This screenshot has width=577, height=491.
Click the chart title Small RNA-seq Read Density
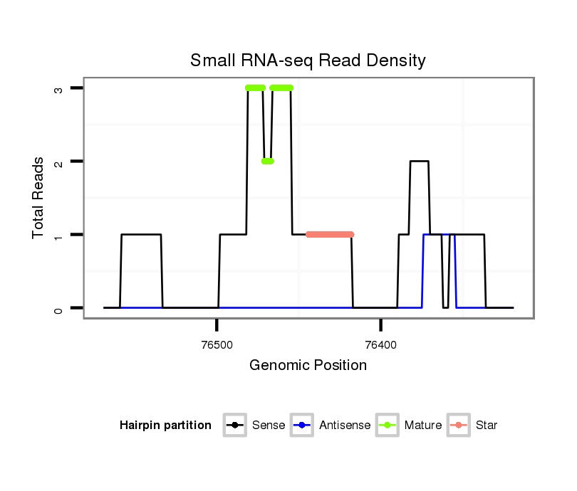click(308, 60)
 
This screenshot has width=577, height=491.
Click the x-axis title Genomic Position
click(308, 366)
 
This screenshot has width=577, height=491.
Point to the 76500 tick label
click(217, 345)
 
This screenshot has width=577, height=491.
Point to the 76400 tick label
click(380, 345)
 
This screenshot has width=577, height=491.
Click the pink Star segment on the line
click(330, 234)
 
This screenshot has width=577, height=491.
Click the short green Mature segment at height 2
click(267, 161)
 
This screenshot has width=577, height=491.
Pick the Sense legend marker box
click(234, 426)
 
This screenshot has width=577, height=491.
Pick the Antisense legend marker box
click(302, 426)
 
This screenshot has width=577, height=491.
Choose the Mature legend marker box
click(388, 426)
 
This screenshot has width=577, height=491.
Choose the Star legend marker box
click(458, 426)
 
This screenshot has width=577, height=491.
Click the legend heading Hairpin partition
click(165, 426)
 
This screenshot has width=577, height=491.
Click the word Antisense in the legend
click(345, 426)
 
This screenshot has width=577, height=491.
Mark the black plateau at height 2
click(419, 162)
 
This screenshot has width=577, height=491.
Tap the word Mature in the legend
click(422, 426)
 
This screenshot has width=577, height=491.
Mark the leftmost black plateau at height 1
click(141, 234)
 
